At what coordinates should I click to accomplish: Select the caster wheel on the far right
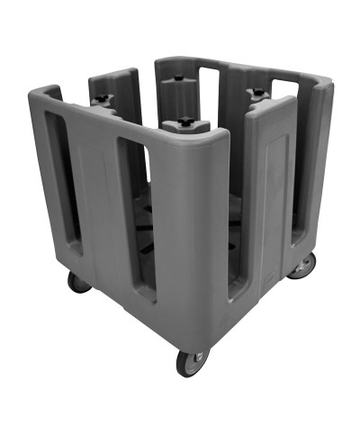pyautogui.click(x=305, y=264)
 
